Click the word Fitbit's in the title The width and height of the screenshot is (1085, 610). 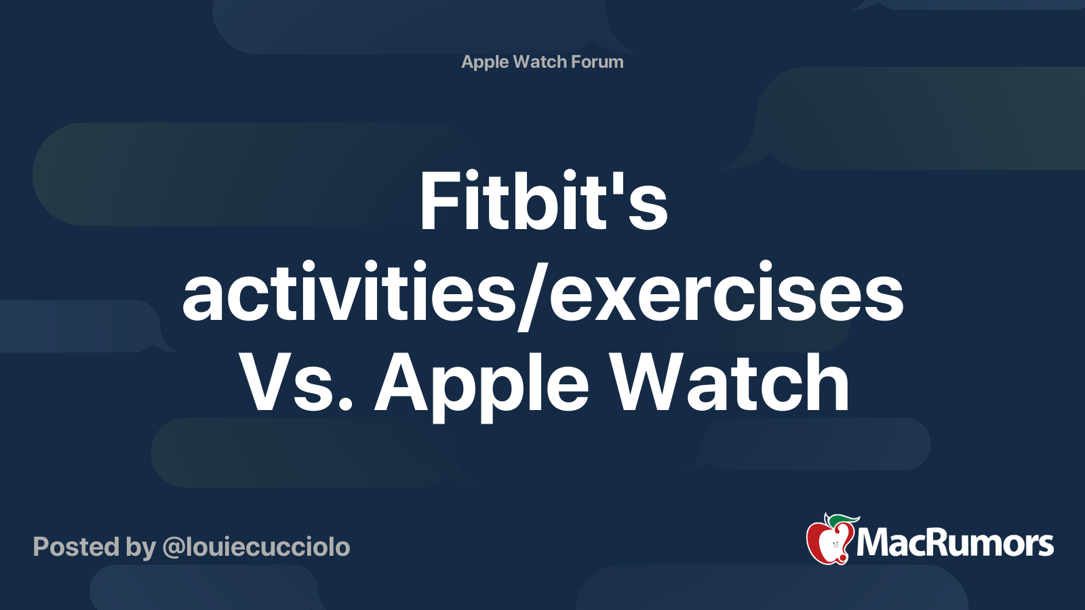[543, 201]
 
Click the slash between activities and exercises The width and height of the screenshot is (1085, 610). [533, 296]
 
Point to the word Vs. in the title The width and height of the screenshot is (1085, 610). [296, 382]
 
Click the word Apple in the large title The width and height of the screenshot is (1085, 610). [482, 387]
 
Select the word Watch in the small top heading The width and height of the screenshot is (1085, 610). [540, 62]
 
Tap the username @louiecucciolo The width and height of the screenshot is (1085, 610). [256, 547]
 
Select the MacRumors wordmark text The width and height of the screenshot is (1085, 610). [955, 543]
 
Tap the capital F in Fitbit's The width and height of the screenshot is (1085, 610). [439, 201]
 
